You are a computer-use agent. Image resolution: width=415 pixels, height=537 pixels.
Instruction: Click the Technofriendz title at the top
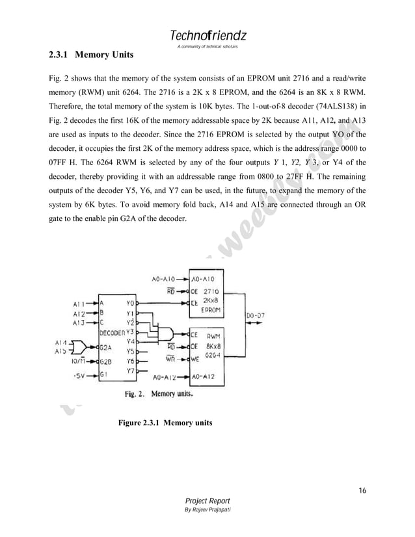(207, 34)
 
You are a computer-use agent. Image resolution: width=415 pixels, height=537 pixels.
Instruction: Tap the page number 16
(363, 490)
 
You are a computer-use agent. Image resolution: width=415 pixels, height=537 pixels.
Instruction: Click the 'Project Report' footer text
(207, 501)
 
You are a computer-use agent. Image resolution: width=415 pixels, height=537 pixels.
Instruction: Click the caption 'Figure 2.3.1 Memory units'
(165, 423)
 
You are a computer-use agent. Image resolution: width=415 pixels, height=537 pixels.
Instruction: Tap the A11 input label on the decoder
(78, 304)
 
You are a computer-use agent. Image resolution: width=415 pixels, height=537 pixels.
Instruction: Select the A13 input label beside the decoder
(78, 322)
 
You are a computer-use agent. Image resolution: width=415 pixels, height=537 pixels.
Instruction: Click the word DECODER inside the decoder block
(113, 333)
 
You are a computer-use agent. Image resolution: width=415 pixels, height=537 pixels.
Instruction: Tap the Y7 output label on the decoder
(130, 371)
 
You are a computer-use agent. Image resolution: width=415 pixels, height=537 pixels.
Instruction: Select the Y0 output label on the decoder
(130, 304)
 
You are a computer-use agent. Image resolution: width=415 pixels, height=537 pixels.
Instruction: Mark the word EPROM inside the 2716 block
(211, 311)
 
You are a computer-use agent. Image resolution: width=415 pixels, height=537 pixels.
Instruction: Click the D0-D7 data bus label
(254, 316)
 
